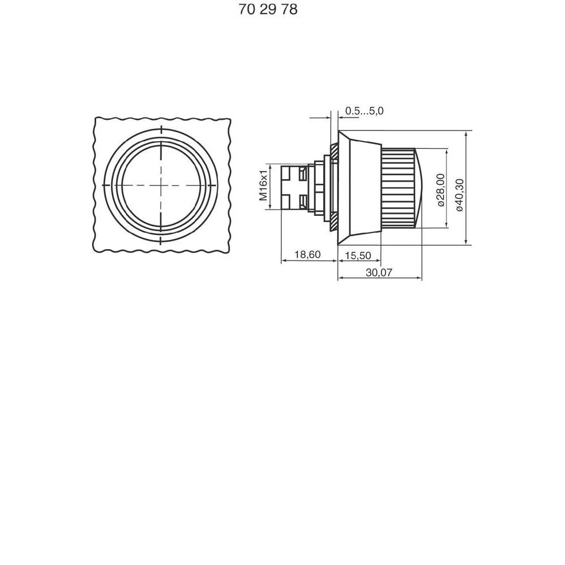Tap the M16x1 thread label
pyautogui.click(x=263, y=186)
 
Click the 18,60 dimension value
pyautogui.click(x=307, y=255)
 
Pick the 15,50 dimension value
pyautogui.click(x=358, y=255)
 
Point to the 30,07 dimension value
pyautogui.click(x=379, y=272)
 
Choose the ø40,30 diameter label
pyautogui.click(x=459, y=194)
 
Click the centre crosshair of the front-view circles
pyautogui.click(x=161, y=185)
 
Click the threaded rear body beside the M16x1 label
pyautogui.click(x=294, y=187)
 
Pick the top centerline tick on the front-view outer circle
pyautogui.click(x=161, y=129)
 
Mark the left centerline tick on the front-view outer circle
pyautogui.click(x=106, y=185)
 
